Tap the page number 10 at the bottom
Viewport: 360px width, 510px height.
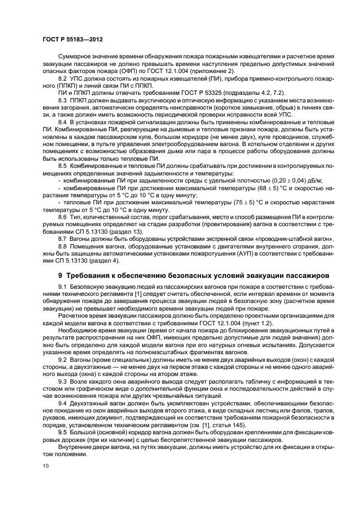pos(45,465)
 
